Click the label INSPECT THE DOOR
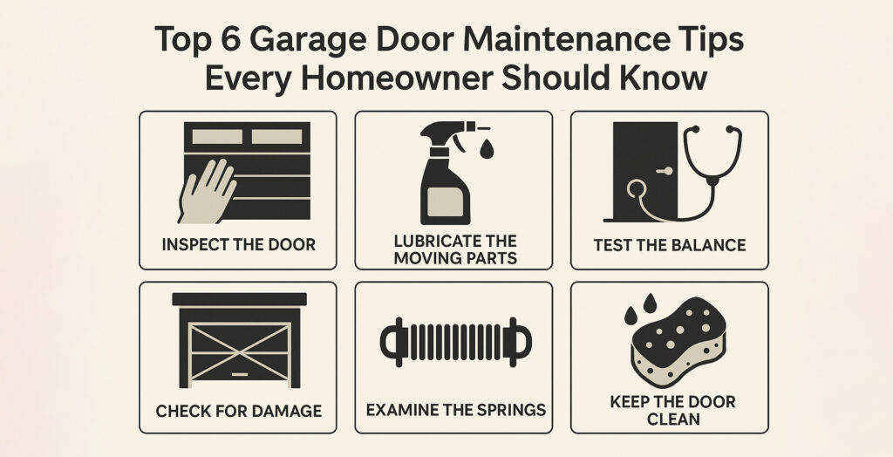click(238, 244)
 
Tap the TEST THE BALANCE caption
click(669, 244)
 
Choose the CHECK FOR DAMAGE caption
click(238, 410)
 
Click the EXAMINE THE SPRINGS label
click(455, 409)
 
